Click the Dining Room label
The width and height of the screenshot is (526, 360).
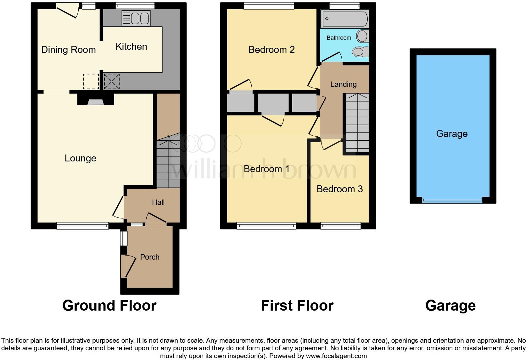pyautogui.click(x=68, y=50)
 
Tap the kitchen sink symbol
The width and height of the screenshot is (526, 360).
pyautogui.click(x=136, y=18)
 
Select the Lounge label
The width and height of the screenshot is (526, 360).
pyautogui.click(x=80, y=158)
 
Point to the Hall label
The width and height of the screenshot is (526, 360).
pyautogui.click(x=158, y=202)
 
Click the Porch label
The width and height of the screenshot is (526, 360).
pyautogui.click(x=149, y=257)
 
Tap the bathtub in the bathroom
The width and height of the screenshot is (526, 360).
pyautogui.click(x=344, y=19)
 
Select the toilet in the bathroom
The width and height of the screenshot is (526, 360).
pyautogui.click(x=361, y=52)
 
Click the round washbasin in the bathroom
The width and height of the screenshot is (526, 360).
pyautogui.click(x=362, y=36)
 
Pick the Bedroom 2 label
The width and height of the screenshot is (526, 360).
pyautogui.click(x=271, y=50)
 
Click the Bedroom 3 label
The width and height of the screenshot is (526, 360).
pyautogui.click(x=339, y=189)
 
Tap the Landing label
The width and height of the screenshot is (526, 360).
pyautogui.click(x=343, y=84)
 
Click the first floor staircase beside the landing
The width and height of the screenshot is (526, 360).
pyautogui.click(x=357, y=123)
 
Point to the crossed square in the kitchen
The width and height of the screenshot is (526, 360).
pyautogui.click(x=112, y=82)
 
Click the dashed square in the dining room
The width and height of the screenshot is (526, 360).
pyautogui.click(x=91, y=82)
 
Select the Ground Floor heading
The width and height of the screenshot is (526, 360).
pyautogui.click(x=109, y=306)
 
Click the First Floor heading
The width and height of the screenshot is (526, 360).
pyautogui.click(x=297, y=306)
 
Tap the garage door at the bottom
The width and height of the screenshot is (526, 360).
pyautogui.click(x=452, y=200)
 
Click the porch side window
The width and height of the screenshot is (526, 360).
pyautogui.click(x=124, y=239)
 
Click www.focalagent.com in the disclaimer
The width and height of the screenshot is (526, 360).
pyautogui.click(x=336, y=356)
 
